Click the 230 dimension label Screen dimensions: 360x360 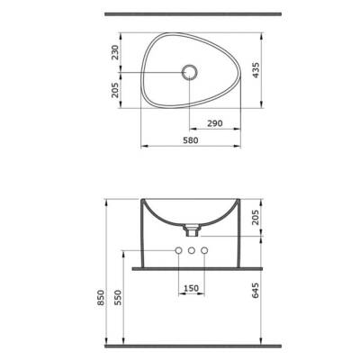pyautogui.click(x=115, y=52)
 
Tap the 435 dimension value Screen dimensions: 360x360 pyautogui.click(x=256, y=70)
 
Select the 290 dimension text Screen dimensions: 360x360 pyautogui.click(x=215, y=123)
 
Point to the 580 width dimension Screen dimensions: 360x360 pyautogui.click(x=190, y=140)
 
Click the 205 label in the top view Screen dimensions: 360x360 pyautogui.click(x=115, y=90)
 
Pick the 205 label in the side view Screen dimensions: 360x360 pyautogui.click(x=256, y=217)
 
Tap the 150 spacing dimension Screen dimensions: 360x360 pyautogui.click(x=191, y=288)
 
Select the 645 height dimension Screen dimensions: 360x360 pyautogui.click(x=256, y=290)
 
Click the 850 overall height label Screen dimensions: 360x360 pyautogui.click(x=101, y=297)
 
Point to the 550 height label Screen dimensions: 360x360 pyautogui.click(x=118, y=297)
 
